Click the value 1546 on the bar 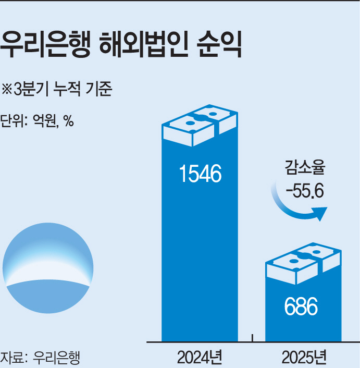click(200, 174)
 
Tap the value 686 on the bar click(301, 307)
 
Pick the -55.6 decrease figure click(304, 191)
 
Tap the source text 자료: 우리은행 click(41, 358)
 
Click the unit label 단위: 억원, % click(36, 121)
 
